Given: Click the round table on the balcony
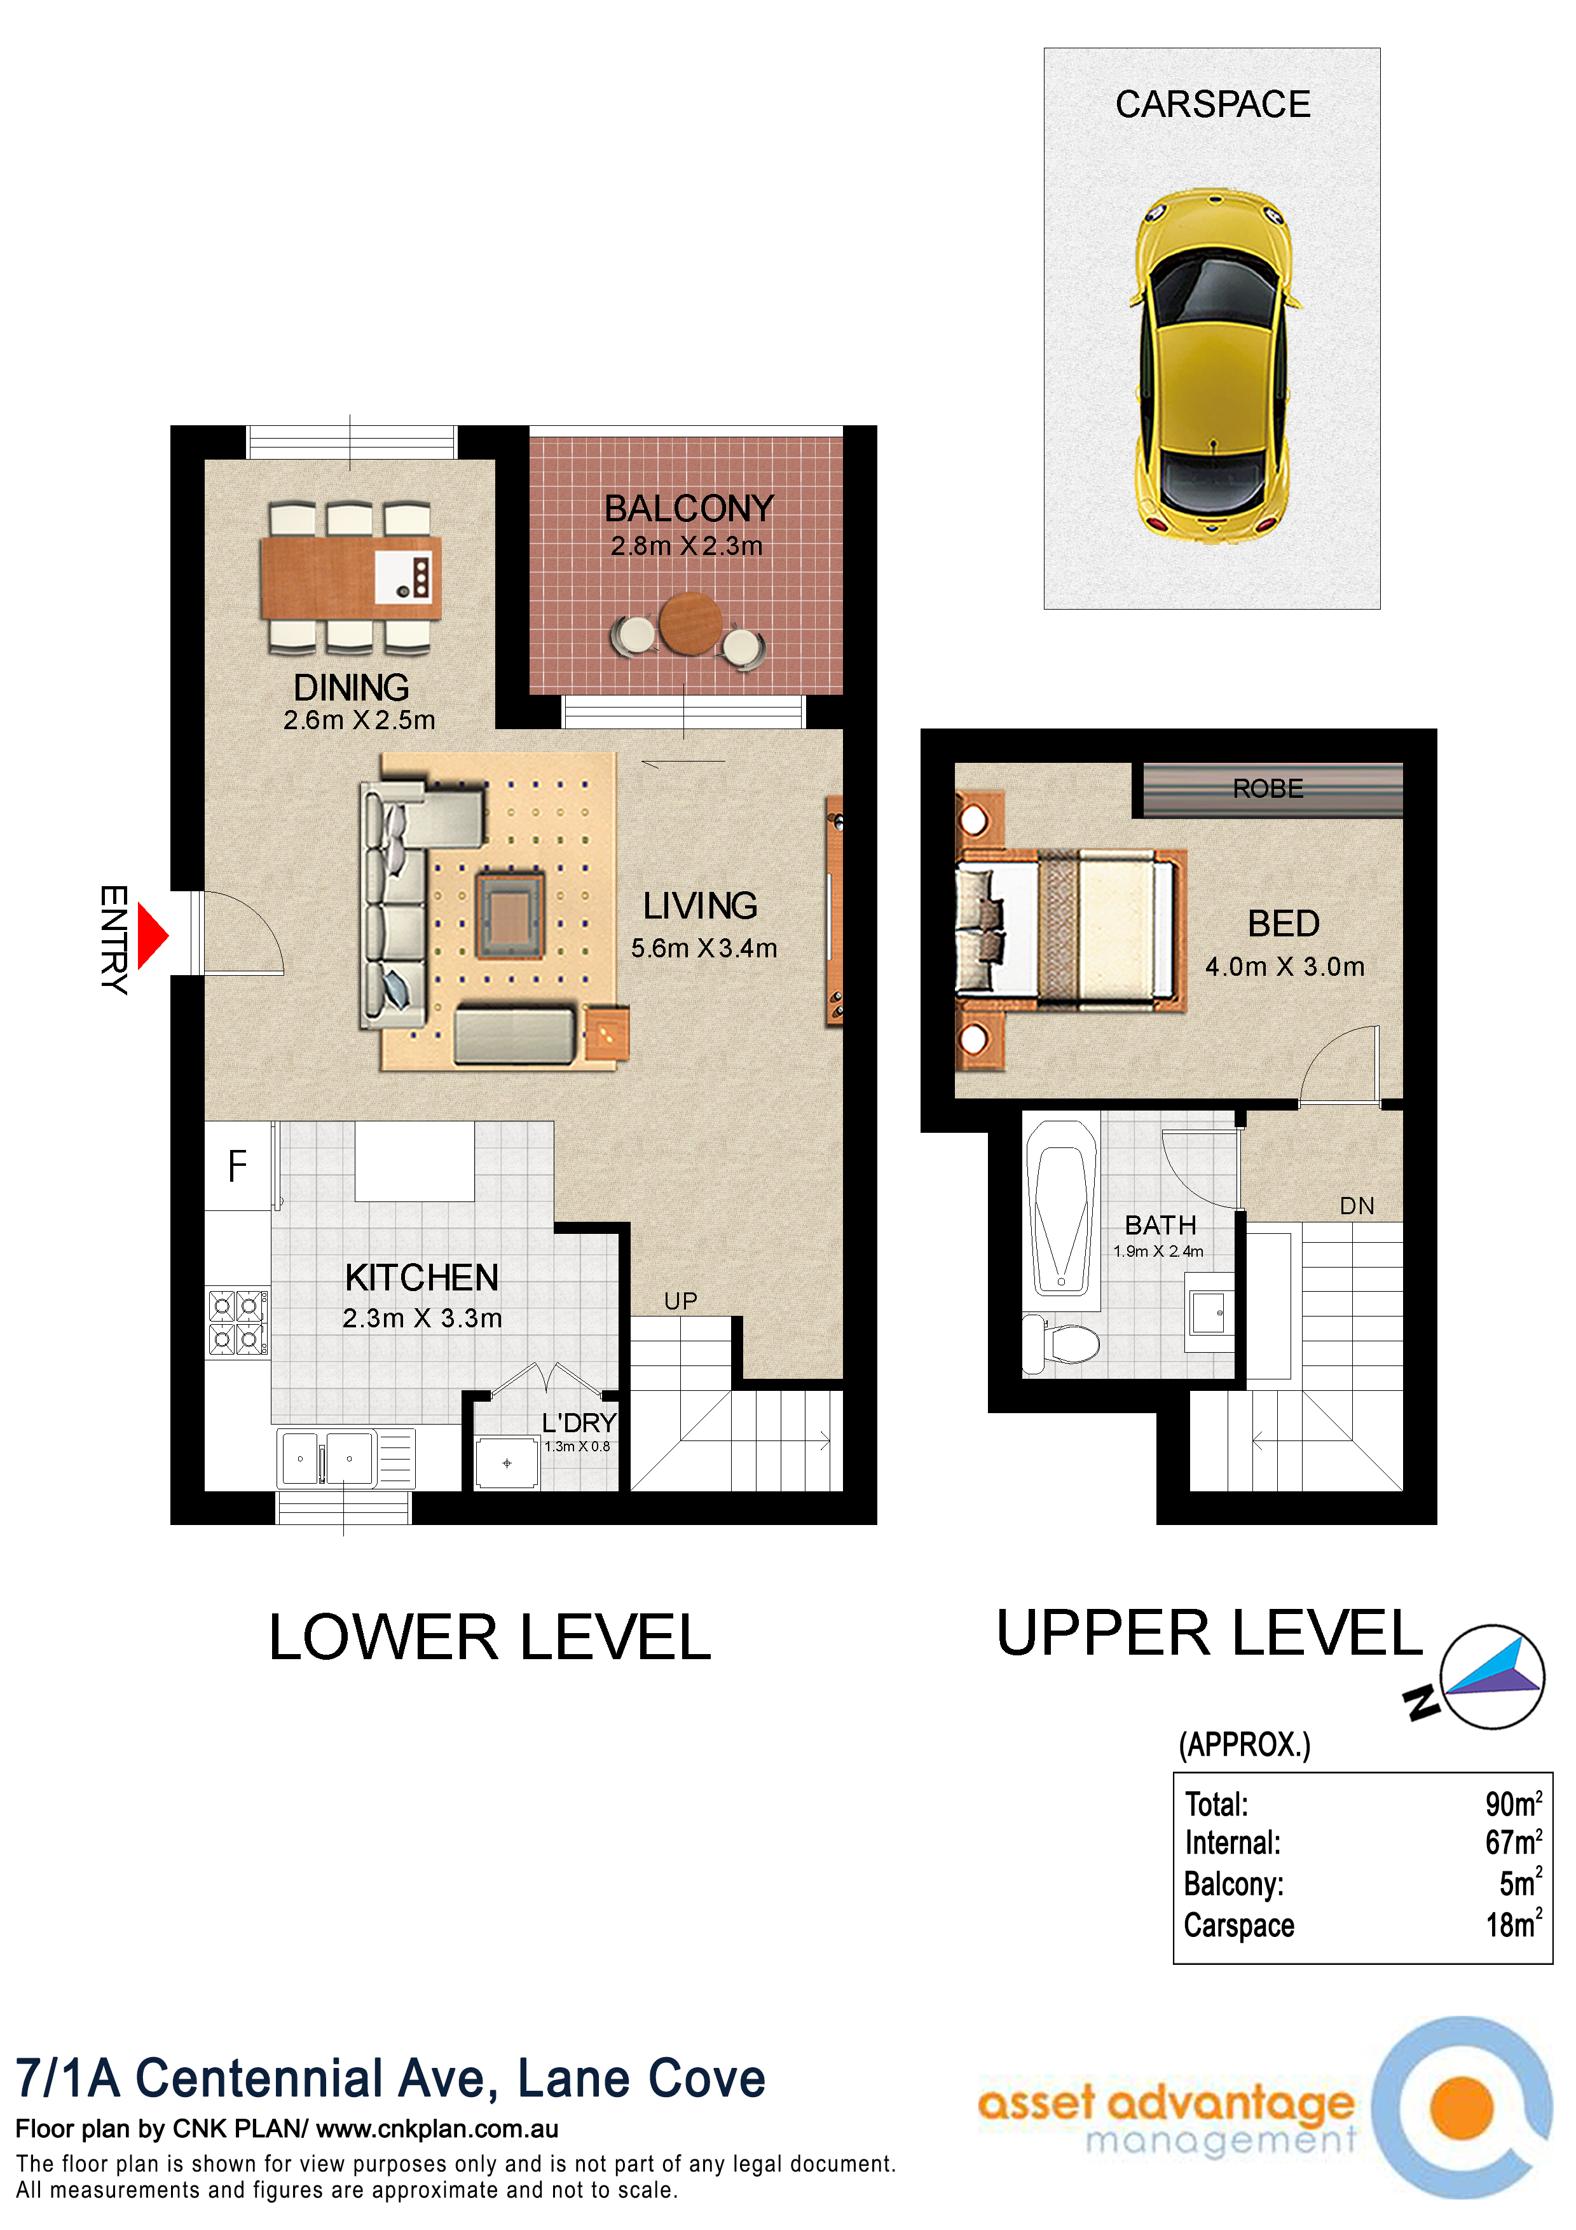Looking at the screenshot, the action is [x=690, y=624].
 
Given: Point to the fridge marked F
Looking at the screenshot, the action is [x=237, y=1165].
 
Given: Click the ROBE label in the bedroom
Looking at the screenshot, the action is [x=1268, y=789].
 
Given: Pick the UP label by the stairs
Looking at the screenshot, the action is [x=681, y=1301].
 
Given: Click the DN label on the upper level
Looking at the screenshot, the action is [x=1357, y=1207].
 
